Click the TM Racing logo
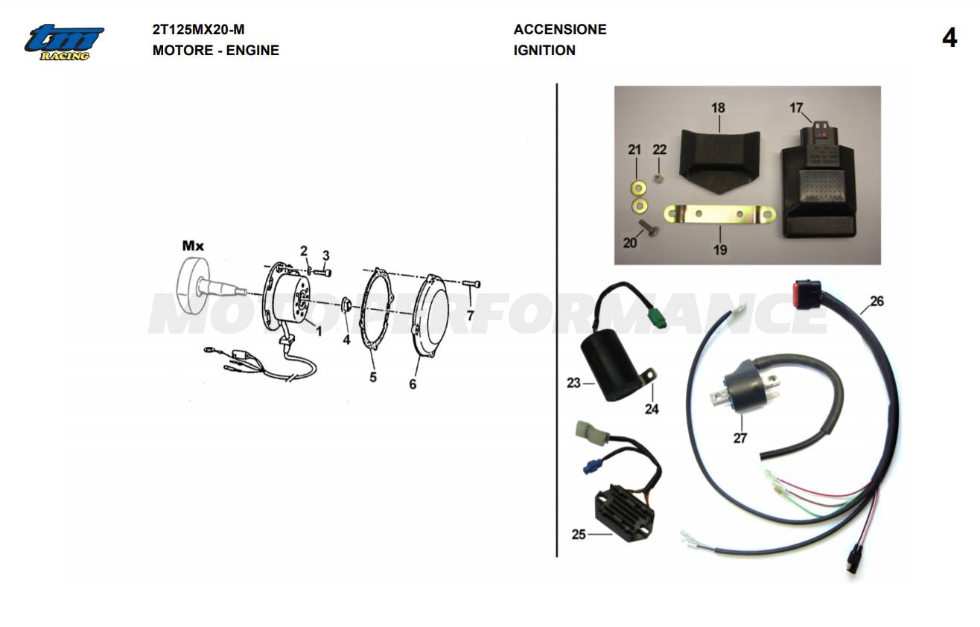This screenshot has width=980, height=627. [64, 42]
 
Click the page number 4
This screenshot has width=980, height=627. [949, 38]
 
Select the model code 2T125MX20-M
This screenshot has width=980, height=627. [198, 30]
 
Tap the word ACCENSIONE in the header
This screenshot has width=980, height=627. [560, 30]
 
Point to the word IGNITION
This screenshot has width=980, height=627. [544, 51]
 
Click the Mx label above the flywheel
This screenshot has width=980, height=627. [194, 245]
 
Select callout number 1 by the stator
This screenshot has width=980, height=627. [319, 331]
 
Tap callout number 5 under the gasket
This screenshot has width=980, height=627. [373, 378]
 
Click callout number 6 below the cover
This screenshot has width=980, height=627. [413, 384]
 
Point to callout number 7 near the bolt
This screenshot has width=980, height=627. [470, 316]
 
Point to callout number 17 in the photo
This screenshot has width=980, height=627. [797, 109]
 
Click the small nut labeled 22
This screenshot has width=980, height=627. [658, 177]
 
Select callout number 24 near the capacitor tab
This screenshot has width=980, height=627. [652, 409]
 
